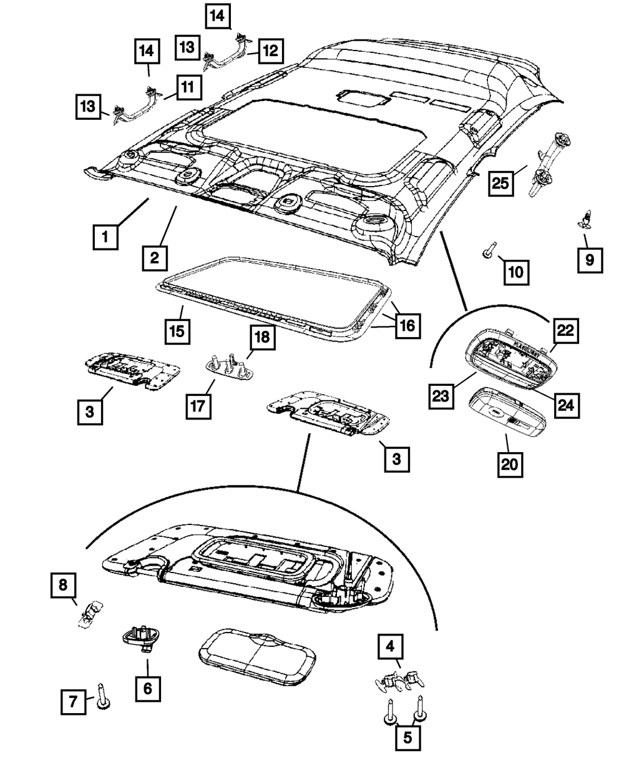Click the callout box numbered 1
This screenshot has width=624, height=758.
pyautogui.click(x=105, y=237)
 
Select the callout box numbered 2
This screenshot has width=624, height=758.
pyautogui.click(x=154, y=257)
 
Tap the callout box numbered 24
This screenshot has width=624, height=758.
pyautogui.click(x=565, y=405)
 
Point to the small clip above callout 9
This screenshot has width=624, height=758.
pyautogui.click(x=585, y=219)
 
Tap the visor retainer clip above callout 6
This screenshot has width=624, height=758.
pyautogui.click(x=138, y=637)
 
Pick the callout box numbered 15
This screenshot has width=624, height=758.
pyautogui.click(x=178, y=330)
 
